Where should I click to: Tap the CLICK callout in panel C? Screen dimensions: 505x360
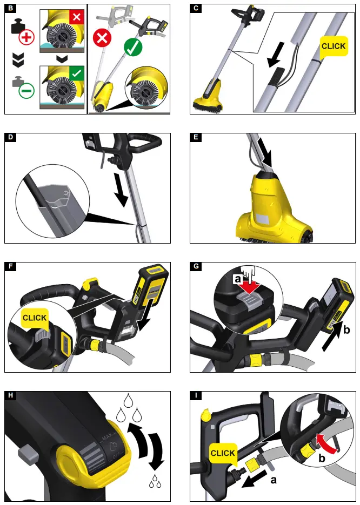pos(333,46)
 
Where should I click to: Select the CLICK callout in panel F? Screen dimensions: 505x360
pos(35,317)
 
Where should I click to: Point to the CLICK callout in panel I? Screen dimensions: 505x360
pos(223,452)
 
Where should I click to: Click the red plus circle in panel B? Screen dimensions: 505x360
pos(26,38)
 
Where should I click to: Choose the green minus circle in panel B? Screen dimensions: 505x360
pos(26,90)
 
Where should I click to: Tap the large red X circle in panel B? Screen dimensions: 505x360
pos(102,39)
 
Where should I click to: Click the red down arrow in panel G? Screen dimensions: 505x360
pos(251,286)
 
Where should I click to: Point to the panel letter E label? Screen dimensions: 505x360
pos(195,138)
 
